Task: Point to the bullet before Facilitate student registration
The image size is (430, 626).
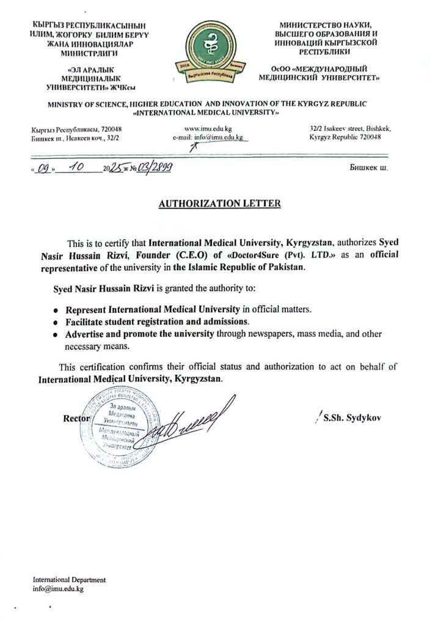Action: [56, 322]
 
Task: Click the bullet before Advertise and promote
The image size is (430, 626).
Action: [56, 334]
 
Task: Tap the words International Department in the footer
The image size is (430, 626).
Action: [69, 580]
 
